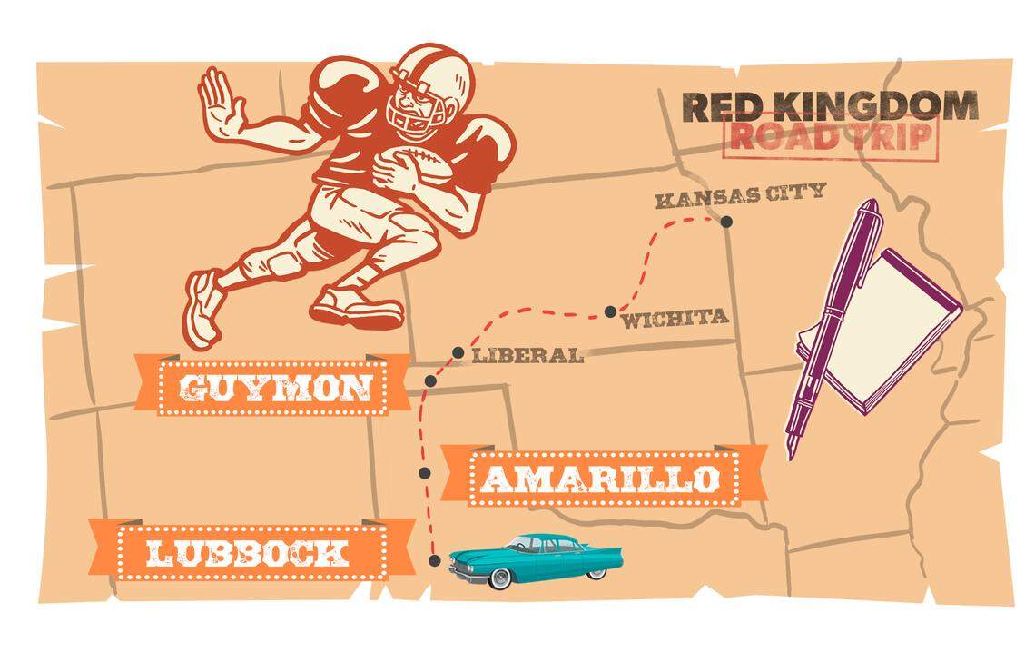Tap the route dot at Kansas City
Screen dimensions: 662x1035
tap(726, 222)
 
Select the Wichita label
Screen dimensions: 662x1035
tap(675, 318)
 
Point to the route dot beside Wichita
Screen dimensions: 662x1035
tap(610, 311)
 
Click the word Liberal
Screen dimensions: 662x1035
tap(527, 356)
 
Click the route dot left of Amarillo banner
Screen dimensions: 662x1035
tap(424, 472)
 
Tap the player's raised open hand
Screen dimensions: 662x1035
tap(219, 104)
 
